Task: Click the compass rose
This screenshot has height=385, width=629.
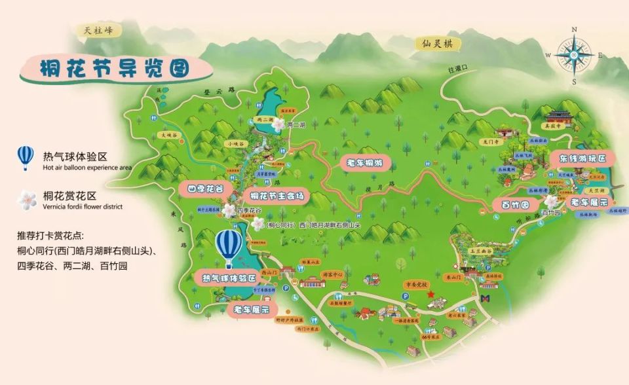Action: tap(573, 55)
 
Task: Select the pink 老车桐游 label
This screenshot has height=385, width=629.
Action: tap(368, 163)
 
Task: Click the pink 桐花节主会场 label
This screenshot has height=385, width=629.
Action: tap(276, 195)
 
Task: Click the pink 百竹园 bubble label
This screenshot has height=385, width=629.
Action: tap(512, 205)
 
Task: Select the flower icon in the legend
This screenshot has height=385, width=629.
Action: tap(26, 200)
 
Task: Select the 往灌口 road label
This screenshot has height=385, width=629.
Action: tap(457, 69)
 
